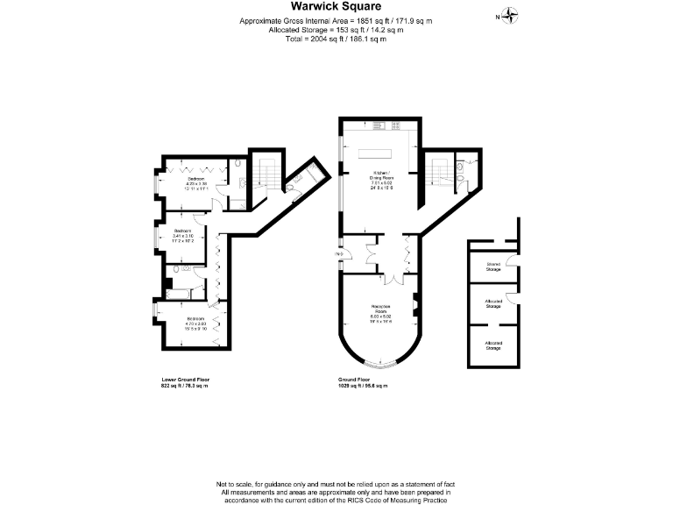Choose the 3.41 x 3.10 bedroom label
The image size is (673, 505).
click(182, 234)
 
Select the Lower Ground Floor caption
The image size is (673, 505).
click(186, 380)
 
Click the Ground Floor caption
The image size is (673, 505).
click(358, 380)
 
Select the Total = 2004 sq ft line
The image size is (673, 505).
click(336, 39)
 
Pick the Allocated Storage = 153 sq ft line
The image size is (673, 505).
click(336, 29)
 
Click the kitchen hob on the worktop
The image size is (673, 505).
click(383, 126)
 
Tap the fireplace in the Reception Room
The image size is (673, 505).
click(415, 308)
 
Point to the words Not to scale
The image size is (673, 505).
click(237, 484)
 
